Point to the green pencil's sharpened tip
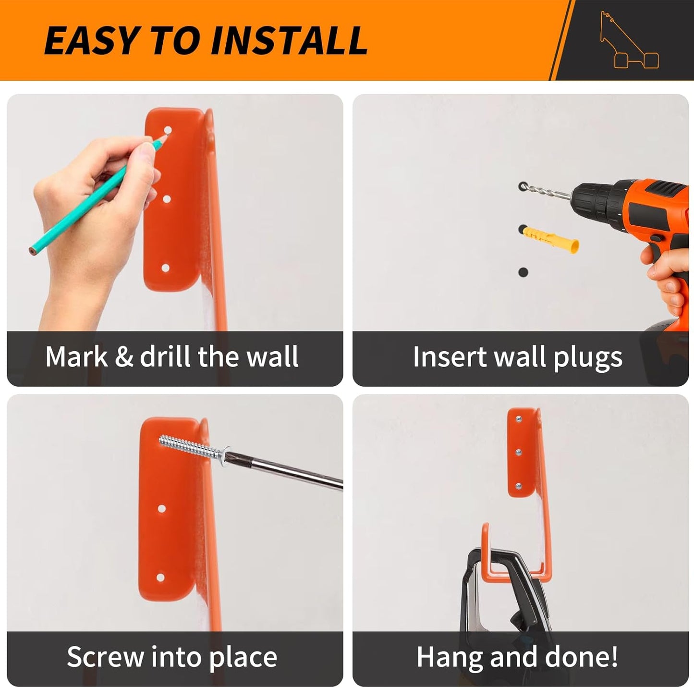coord(164,136)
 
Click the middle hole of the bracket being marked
coord(167,199)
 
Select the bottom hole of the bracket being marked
coord(165,268)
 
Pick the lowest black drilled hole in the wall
coord(523,272)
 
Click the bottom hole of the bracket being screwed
coord(160,577)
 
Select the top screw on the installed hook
coord(519,419)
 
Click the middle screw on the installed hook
coord(518,453)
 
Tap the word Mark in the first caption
coord(77,357)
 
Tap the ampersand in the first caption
coord(124,357)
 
